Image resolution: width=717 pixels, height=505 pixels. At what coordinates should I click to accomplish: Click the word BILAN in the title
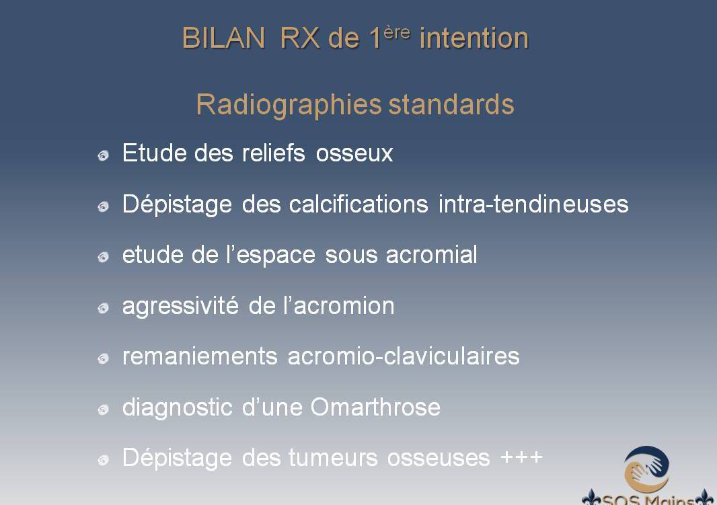point(224,38)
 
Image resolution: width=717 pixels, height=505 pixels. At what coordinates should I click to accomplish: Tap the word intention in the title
point(474,38)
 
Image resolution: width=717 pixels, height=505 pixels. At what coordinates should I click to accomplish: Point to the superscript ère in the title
point(397,33)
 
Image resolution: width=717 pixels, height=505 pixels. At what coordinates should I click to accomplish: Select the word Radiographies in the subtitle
point(289,105)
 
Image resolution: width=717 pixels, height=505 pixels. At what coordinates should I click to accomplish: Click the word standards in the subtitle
point(451,104)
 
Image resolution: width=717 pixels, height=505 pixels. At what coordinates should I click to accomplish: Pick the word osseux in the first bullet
point(354,154)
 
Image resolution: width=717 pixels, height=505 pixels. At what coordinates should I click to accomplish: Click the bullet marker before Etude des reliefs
point(104,156)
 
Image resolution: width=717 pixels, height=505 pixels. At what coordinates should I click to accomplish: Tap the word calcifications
point(358,204)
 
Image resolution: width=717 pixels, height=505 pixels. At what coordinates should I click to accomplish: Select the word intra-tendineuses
point(533,204)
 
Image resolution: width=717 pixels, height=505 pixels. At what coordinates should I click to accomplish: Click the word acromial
point(432,255)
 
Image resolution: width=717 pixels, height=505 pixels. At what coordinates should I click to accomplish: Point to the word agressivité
point(181,306)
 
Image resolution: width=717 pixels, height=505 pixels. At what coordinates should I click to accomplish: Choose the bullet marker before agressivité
point(104,308)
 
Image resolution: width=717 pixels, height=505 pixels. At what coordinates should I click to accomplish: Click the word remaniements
point(200,356)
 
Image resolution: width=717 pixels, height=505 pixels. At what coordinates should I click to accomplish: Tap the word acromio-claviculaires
point(404,356)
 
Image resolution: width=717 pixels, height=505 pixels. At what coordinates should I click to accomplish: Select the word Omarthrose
point(375,407)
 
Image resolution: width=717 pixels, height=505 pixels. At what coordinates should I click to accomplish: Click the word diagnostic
point(178,407)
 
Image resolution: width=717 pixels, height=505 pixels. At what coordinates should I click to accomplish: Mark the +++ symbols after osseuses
point(522,457)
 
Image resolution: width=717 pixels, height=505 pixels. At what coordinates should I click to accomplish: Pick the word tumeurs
point(332,458)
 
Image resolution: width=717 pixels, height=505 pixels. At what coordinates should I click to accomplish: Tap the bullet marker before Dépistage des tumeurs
point(104,460)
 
